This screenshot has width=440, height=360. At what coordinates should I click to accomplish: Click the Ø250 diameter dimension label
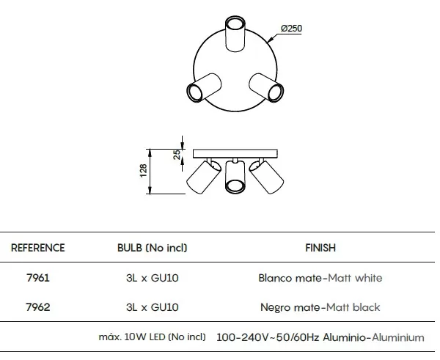tap(291, 29)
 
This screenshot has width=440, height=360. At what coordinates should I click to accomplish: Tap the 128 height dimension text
tap(143, 171)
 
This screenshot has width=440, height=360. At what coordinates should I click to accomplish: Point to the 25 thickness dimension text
tap(177, 155)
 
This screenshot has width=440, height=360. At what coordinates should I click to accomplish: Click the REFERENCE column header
tap(38, 248)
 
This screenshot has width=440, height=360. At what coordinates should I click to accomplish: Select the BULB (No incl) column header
tap(152, 248)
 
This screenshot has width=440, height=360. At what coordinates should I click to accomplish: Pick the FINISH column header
tap(320, 248)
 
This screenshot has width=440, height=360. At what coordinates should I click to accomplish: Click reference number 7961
tap(38, 278)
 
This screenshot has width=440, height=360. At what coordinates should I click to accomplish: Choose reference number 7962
tap(38, 307)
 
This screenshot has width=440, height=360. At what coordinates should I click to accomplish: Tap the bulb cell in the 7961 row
tap(152, 278)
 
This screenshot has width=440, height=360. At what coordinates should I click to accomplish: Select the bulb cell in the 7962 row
tap(152, 307)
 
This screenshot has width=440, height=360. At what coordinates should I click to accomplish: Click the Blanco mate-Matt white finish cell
tap(320, 278)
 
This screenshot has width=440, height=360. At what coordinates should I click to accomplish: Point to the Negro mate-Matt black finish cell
tap(320, 307)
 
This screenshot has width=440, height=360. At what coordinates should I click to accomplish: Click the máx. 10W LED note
tap(152, 337)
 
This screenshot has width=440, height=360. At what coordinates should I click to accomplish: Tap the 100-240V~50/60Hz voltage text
tap(268, 337)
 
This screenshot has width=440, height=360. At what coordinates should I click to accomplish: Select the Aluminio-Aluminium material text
tap(373, 337)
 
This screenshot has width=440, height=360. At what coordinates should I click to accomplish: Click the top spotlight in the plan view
tap(235, 34)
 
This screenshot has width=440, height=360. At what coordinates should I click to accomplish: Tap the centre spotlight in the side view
tap(235, 177)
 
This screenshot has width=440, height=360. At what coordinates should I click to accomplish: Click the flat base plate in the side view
tap(235, 153)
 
